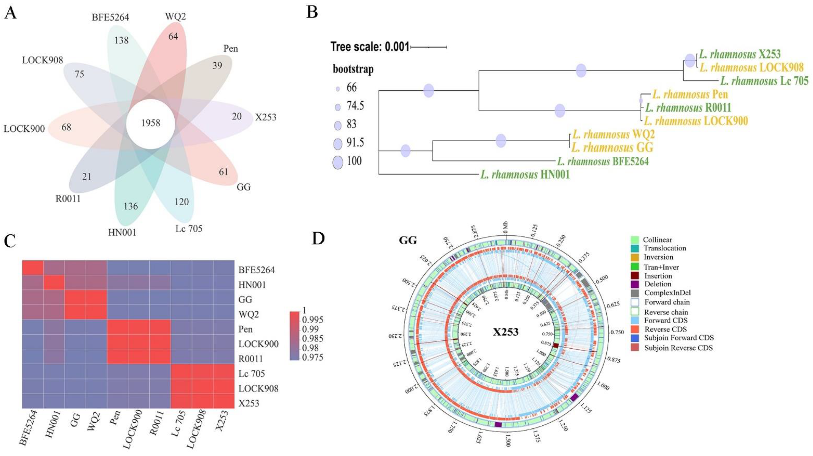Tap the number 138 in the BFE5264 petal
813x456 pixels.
122,40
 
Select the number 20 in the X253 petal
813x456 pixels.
236,116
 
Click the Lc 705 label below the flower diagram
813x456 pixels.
189,228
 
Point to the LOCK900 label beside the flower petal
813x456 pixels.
24,128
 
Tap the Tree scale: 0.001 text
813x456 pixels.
369,47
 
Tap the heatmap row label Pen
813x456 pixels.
246,329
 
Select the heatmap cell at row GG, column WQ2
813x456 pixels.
97,300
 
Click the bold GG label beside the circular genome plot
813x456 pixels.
408,240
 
